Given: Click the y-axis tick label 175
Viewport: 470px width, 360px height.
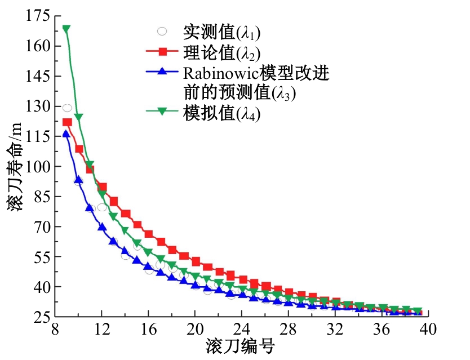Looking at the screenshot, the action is [x=37, y=16].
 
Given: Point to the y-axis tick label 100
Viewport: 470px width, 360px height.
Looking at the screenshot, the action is [x=37, y=166].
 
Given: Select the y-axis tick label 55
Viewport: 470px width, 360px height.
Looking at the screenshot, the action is [x=41, y=257].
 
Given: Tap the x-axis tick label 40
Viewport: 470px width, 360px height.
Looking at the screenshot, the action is [x=428, y=329].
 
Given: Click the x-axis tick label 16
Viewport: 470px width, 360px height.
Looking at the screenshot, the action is [x=148, y=329].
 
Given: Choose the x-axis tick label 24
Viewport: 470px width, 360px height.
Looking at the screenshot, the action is [x=242, y=329].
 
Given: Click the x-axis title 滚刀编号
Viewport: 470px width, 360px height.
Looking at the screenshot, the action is [x=240, y=346].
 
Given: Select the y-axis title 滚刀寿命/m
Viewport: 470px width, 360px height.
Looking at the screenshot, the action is [x=15, y=167].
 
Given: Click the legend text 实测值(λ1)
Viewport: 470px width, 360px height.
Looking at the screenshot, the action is [x=222, y=32].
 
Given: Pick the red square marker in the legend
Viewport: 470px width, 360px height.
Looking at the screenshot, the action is [x=162, y=52].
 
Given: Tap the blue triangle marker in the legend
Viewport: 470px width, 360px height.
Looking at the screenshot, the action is [x=162, y=71].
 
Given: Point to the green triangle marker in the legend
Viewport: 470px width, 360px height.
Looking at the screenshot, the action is [x=162, y=112].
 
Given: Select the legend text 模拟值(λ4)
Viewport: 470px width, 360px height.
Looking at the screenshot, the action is [x=222, y=114].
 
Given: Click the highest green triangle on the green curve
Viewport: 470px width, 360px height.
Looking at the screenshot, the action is [x=66, y=29].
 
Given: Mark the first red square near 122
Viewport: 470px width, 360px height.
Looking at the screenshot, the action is [x=67, y=122].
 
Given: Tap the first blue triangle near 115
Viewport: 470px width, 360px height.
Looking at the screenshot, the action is [x=66, y=134].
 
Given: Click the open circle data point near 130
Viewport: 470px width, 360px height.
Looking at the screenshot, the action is [x=67, y=108].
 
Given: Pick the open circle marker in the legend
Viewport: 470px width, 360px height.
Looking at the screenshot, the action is [x=162, y=31].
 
